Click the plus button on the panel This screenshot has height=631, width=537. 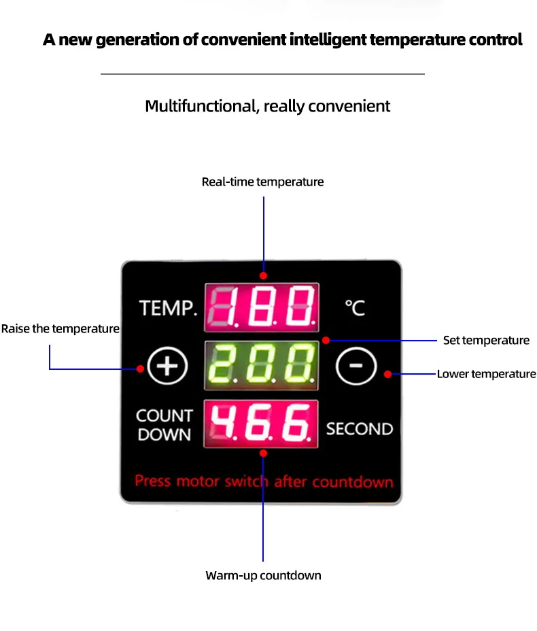point(167,367)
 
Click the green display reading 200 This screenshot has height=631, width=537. point(262,365)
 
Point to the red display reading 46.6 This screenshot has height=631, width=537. point(262,424)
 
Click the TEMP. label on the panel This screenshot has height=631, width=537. point(169,308)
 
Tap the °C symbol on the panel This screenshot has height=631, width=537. point(354,308)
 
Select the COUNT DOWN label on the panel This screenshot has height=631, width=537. point(164,425)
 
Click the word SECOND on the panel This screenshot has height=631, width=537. point(360,429)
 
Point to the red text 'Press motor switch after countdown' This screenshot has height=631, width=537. point(264,481)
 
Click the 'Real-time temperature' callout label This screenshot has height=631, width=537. point(262,182)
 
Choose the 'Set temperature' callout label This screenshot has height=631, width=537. point(486,340)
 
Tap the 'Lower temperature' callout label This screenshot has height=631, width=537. point(486,374)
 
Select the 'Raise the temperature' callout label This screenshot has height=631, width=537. point(60,329)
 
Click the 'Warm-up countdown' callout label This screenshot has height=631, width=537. point(263,576)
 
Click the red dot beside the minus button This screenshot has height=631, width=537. point(387,374)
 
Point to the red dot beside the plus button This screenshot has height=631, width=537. point(140,369)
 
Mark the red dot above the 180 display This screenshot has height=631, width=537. point(263,276)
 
